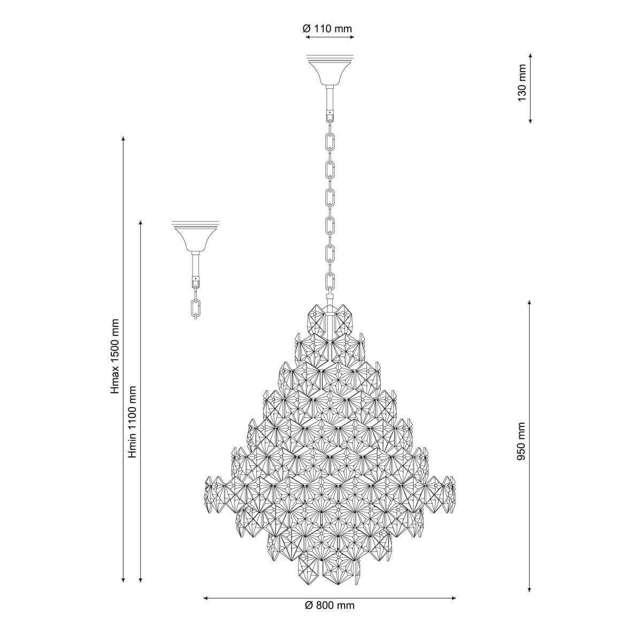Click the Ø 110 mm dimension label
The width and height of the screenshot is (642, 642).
click(x=327, y=29)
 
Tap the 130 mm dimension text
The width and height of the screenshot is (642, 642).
click(x=522, y=83)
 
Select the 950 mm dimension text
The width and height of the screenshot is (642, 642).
click(x=521, y=441)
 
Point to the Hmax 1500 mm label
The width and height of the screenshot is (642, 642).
click(x=115, y=356)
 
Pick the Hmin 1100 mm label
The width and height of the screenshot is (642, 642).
click(x=133, y=422)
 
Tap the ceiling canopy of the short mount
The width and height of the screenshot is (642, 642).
click(x=196, y=236)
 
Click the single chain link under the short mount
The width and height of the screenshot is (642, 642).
click(x=195, y=308)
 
